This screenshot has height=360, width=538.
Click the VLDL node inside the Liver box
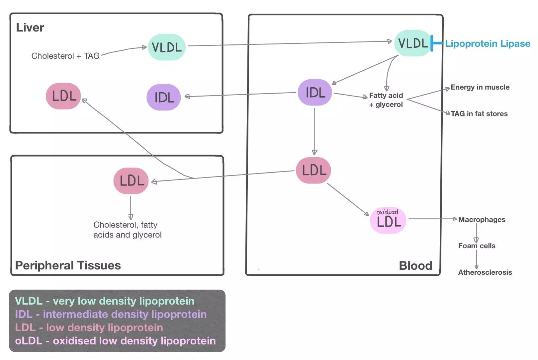[167, 47]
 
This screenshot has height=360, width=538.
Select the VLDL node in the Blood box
[413, 43]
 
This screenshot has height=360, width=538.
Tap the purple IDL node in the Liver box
[164, 97]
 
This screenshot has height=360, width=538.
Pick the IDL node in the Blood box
[315, 92]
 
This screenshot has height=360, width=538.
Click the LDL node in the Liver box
[64, 96]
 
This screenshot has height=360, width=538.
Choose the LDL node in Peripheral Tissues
[131, 181]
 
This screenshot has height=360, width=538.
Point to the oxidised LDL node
[388, 220]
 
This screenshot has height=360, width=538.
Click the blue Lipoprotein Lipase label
[488, 43]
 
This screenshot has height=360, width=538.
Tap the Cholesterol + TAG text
[65, 56]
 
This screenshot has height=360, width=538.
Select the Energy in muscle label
[480, 87]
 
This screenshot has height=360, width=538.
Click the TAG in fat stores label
[479, 114]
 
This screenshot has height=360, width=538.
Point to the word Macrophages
[482, 220]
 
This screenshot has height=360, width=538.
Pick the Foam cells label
[477, 246]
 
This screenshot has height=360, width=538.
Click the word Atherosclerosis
[485, 272]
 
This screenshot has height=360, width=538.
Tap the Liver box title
[30, 28]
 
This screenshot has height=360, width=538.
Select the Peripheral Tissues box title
[68, 265]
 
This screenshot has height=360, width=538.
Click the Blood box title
[415, 266]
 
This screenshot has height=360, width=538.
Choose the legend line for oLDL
[115, 341]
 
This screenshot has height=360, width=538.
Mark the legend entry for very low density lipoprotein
[105, 301]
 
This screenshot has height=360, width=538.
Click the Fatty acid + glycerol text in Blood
[386, 100]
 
